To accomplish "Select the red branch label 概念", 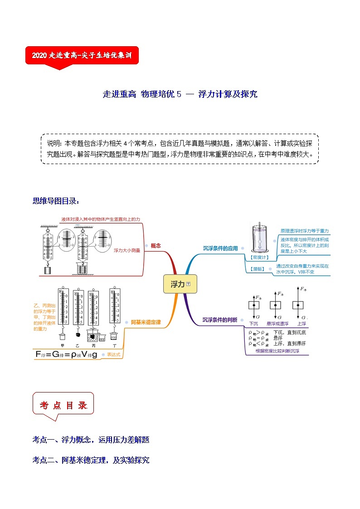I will [156, 245].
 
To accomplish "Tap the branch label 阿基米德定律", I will [145, 322].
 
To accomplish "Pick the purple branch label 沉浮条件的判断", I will [219, 320].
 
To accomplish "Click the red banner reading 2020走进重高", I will [82, 55].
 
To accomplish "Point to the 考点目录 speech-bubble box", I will [63, 405].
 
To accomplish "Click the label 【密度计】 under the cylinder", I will [259, 257].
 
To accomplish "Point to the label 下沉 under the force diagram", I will [254, 324].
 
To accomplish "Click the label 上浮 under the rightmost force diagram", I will [302, 324].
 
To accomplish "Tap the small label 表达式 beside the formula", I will [113, 355].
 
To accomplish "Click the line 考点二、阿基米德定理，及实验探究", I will [91, 460].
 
